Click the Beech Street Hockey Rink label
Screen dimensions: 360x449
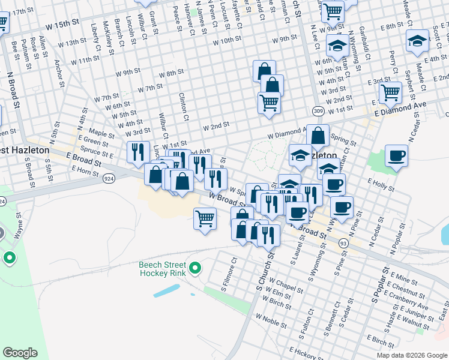pos(163,268)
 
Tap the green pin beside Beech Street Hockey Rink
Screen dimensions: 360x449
pos(195,268)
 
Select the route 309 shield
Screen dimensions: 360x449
pos(318,111)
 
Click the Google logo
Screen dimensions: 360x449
pos(20,353)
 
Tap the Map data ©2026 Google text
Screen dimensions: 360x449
pos(411,355)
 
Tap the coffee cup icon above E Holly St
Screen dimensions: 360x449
pos(396,157)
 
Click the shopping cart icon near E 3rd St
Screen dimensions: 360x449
pos(390,93)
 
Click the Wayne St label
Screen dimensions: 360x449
pos(19,226)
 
